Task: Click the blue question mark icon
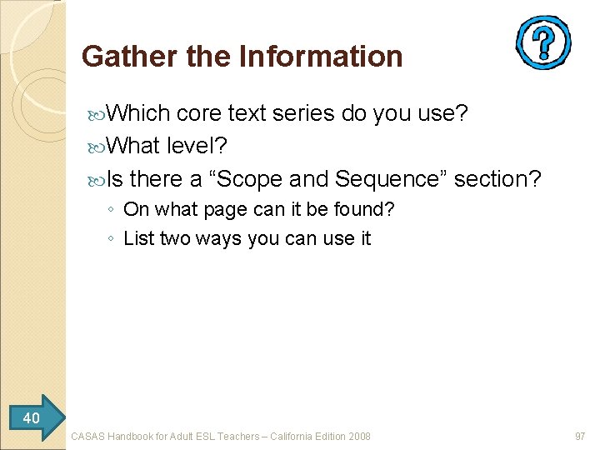(x=543, y=42)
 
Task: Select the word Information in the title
(x=321, y=57)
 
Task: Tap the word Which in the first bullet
(x=138, y=112)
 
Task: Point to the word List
(x=139, y=238)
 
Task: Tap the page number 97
(x=580, y=436)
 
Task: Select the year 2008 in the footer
(x=358, y=436)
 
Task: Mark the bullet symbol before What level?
(x=99, y=147)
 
